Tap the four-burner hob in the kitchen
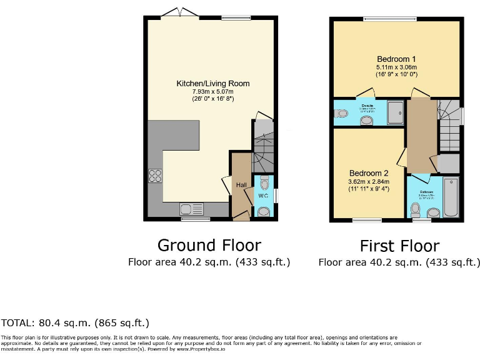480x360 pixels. pyautogui.click(x=155, y=176)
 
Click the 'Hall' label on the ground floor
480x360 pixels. pyautogui.click(x=241, y=184)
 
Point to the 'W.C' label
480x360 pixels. pyautogui.click(x=264, y=195)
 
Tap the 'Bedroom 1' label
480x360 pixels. pyautogui.click(x=396, y=59)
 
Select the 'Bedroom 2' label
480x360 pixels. pyautogui.click(x=368, y=173)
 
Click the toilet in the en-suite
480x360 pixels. pyautogui.click(x=341, y=114)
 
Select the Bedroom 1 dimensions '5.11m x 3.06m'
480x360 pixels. pyautogui.click(x=396, y=67)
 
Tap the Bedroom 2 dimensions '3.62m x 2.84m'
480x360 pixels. pyautogui.click(x=368, y=182)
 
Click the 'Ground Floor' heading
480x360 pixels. pyautogui.click(x=209, y=244)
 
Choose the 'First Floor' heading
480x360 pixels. pyautogui.click(x=399, y=246)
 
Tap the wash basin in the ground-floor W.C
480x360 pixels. pyautogui.click(x=264, y=211)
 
